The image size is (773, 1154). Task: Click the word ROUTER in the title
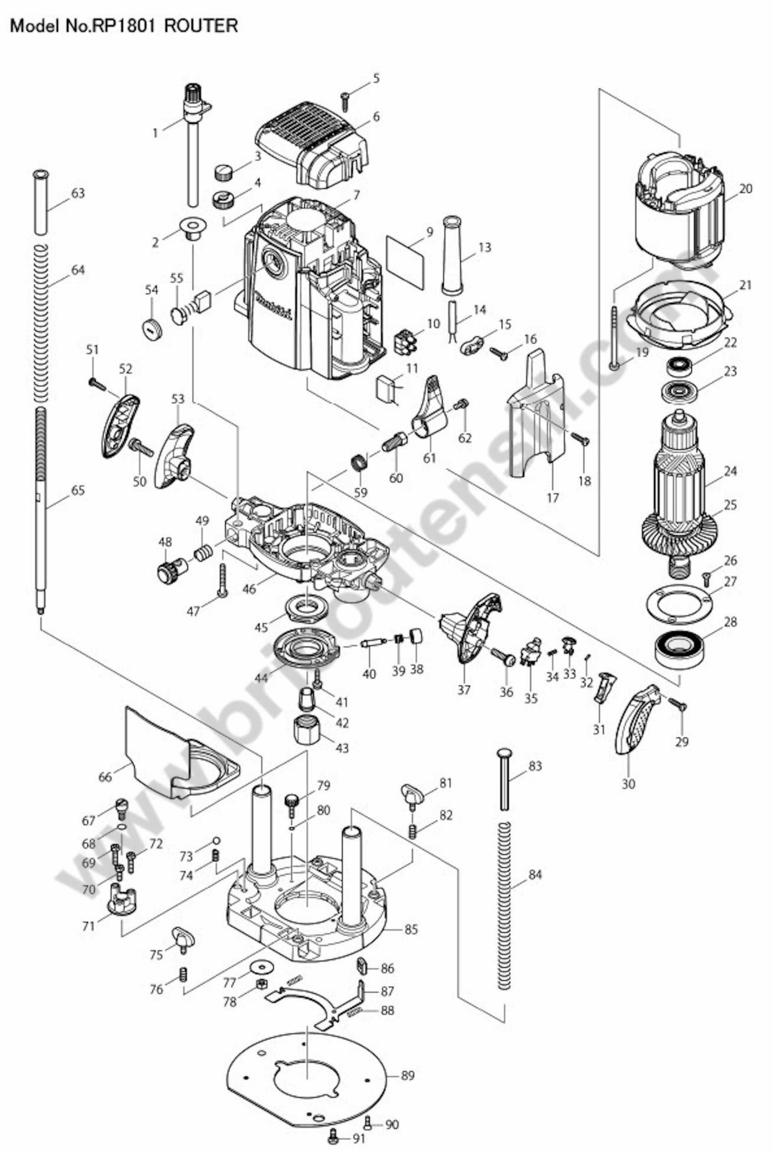coord(201,26)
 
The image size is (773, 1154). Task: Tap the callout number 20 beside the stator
coord(746,189)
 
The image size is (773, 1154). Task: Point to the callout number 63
coord(78,193)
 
